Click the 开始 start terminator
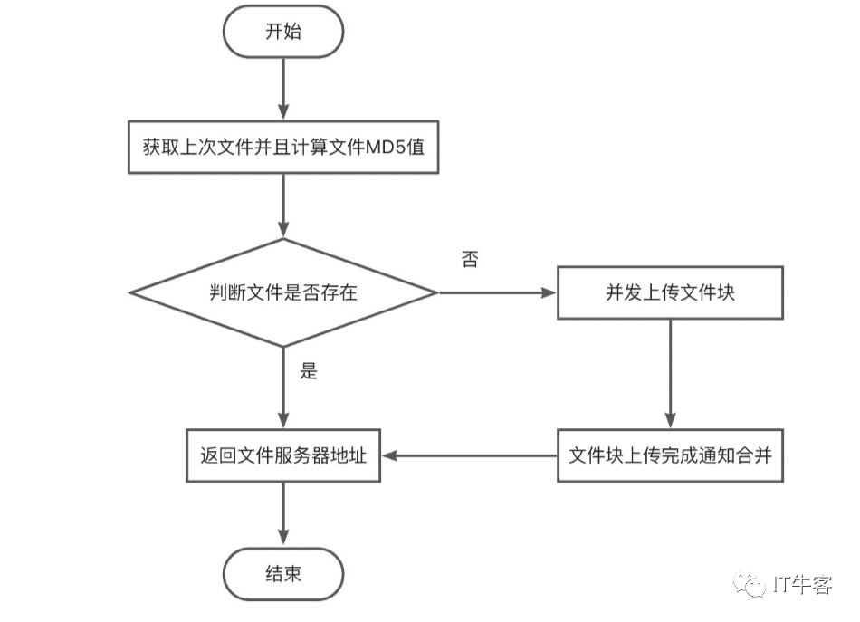283,32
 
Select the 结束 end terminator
283,574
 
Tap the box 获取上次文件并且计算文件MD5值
283,147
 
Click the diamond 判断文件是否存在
283,292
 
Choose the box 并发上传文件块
670,292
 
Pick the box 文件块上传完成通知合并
670,455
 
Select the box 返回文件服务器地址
283,455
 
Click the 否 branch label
470,259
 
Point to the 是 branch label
309,371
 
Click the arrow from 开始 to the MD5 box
283,89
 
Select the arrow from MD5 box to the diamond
283,206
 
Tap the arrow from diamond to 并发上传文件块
498,292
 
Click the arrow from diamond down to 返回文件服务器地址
283,388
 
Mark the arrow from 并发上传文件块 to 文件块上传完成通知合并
670,374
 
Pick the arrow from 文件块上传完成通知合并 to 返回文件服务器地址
470,455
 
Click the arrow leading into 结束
283,514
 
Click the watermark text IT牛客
802,585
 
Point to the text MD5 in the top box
387,147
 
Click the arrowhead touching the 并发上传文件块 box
549,292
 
